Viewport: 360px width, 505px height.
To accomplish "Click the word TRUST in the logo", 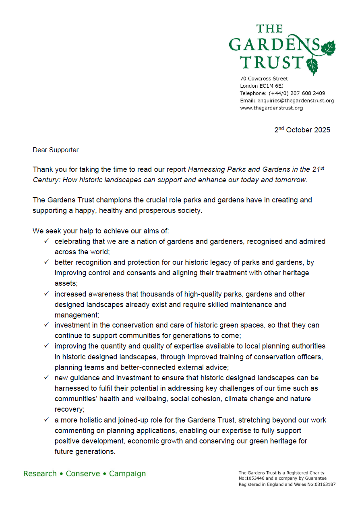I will (272, 62).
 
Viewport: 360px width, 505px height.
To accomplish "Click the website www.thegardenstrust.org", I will (271, 108).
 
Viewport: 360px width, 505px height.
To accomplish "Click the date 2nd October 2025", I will (302, 130).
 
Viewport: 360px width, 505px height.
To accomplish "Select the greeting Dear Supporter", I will (56, 150).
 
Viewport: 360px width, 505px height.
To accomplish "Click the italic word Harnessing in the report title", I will (205, 169).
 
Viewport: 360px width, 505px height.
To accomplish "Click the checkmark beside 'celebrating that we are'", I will (47, 241).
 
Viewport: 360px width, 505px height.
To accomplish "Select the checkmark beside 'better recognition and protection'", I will (47, 262).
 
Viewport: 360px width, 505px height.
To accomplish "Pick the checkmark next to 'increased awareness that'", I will (47, 294).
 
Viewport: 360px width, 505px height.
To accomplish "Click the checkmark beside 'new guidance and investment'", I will (47, 377).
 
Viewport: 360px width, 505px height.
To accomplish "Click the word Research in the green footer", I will (40, 474).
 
